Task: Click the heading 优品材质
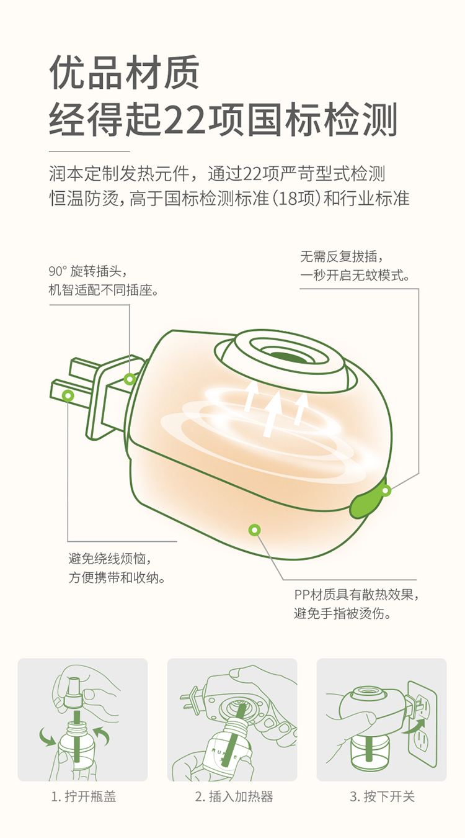[125, 72]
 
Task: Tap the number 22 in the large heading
[185, 120]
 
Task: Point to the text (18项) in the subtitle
[295, 198]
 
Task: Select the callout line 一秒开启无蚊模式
[355, 276]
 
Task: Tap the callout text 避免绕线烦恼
[110, 559]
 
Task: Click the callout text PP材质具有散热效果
[356, 595]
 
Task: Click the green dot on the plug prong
[68, 395]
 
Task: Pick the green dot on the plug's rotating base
[130, 379]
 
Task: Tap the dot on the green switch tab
[386, 490]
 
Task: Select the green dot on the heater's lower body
[255, 529]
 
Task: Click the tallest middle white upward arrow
[273, 414]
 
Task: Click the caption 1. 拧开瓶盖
[83, 796]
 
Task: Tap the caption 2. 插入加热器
[234, 796]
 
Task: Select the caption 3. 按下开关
[382, 796]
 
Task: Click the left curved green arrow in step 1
[48, 736]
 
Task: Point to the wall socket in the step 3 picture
[422, 724]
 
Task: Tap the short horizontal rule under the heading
[89, 151]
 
